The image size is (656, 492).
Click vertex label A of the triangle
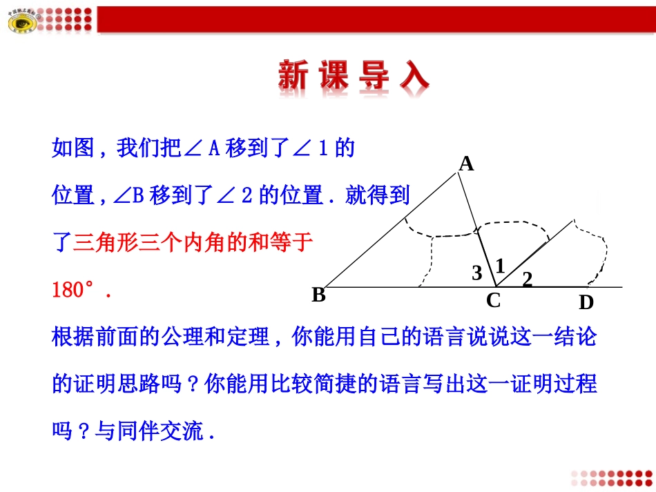pyautogui.click(x=467, y=164)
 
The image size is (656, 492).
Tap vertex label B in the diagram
pyautogui.click(x=318, y=295)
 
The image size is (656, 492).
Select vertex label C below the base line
pyautogui.click(x=493, y=301)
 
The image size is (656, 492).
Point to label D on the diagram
pyautogui.click(x=586, y=303)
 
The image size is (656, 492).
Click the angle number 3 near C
pyautogui.click(x=476, y=273)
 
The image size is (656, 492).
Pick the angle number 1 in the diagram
pyautogui.click(x=500, y=265)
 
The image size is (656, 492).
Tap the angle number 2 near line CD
pyautogui.click(x=528, y=279)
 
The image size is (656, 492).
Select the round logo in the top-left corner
pyautogui.click(x=24, y=23)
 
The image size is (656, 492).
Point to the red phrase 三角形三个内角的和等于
pyautogui.click(x=193, y=242)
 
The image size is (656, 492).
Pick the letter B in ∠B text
pyautogui.click(x=136, y=196)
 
